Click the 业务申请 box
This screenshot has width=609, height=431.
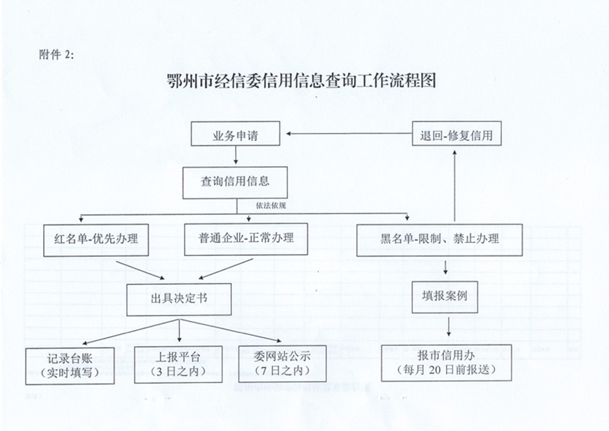(235, 133)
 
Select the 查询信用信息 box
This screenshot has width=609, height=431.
(235, 183)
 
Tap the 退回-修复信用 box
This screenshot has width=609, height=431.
(457, 133)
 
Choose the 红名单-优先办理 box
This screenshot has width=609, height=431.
(96, 240)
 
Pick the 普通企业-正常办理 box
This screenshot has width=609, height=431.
(246, 239)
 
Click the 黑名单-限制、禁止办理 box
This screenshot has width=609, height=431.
(439, 240)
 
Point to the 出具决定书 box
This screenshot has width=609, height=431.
(179, 300)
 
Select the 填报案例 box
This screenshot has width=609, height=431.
(445, 297)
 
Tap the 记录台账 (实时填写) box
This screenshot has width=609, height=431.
(70, 366)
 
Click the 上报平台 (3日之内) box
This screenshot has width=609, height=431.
(178, 365)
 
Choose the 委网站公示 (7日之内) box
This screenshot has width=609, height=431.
(282, 364)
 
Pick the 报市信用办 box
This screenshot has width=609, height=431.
(446, 363)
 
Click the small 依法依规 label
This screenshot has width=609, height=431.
(271, 205)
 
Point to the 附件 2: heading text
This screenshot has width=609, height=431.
(56, 55)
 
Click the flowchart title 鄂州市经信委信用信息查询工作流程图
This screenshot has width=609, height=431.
(302, 81)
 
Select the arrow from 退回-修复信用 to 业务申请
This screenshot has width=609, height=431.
(349, 133)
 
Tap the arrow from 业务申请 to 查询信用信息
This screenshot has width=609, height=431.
(236, 155)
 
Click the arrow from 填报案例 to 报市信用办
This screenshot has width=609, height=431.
(449, 327)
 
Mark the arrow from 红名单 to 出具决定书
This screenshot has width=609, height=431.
(140, 270)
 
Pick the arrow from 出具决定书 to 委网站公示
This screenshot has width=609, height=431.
(230, 331)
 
